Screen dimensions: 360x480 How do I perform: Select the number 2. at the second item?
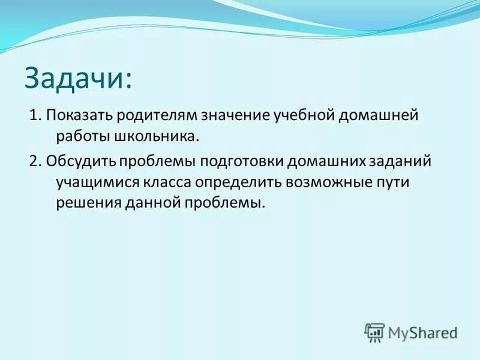(x=34, y=162)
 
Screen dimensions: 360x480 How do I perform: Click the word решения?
(x=83, y=203)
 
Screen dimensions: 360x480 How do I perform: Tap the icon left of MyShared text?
(x=374, y=332)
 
